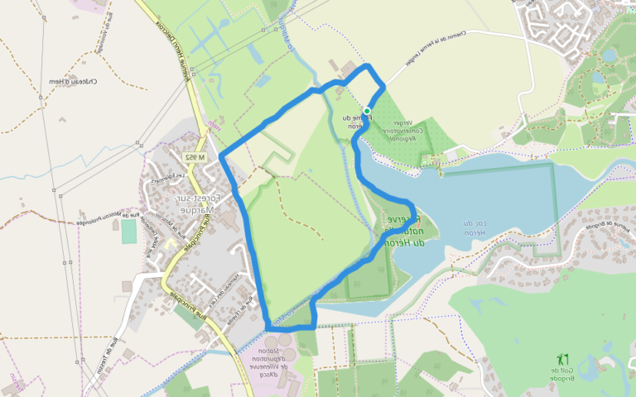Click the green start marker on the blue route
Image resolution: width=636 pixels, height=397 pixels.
(x=367, y=111)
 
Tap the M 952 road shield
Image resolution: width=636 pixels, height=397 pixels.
(x=194, y=156)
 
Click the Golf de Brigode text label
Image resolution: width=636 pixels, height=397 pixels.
(x=566, y=374)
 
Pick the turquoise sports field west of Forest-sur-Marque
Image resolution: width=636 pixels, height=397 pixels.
(x=128, y=231)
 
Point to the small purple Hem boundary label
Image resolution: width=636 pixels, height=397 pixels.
(x=213, y=125)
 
